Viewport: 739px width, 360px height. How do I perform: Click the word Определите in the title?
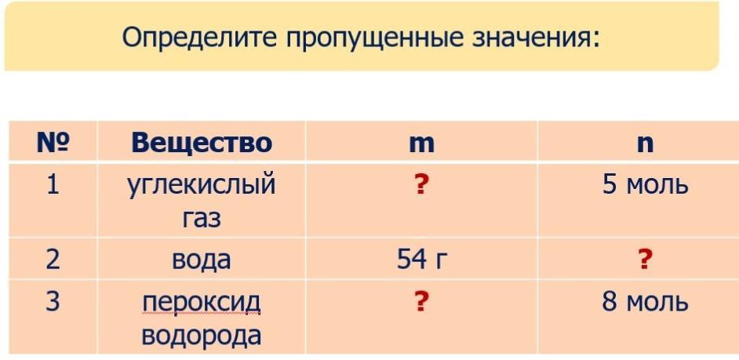198,37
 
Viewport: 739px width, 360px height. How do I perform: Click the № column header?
53,142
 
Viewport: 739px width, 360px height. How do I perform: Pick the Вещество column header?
202,142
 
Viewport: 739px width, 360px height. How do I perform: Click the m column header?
421,144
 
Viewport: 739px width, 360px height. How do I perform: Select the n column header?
645,144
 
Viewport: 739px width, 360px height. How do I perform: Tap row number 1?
53,185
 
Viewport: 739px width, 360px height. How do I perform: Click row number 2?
53,259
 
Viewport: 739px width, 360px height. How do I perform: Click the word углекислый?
202,186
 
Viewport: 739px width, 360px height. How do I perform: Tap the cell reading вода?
202,260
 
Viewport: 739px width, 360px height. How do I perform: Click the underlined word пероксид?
202,302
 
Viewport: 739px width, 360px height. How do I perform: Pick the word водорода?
202,336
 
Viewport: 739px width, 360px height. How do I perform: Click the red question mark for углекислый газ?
421,185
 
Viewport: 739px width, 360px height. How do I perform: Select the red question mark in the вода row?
645,259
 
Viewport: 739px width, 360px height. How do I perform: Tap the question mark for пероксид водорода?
421,301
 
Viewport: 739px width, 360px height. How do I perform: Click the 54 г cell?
420,259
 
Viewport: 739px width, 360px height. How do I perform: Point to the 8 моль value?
645,302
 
